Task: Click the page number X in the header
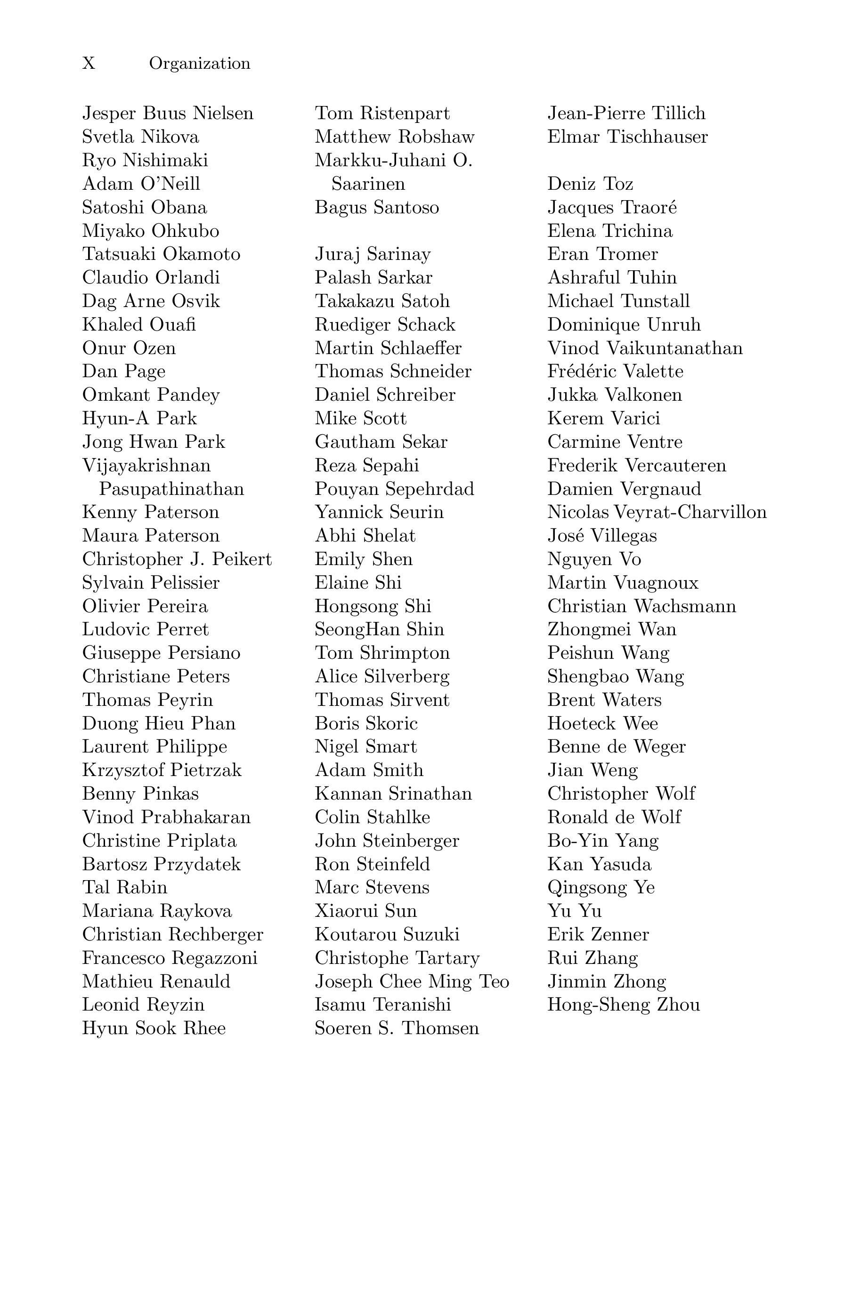point(89,64)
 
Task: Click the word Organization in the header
point(200,64)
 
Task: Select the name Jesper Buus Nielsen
point(168,113)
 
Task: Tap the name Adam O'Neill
point(141,184)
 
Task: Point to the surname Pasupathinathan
point(171,489)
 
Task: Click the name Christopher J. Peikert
point(177,559)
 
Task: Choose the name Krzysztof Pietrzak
point(162,770)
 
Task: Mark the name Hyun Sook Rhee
point(154,1028)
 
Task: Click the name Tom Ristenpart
point(382,113)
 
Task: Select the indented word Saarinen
point(368,184)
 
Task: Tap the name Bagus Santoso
point(377,207)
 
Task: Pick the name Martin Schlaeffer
point(388,348)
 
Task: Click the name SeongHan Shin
point(379,630)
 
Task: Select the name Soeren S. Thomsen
point(397,1028)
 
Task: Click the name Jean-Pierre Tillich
point(626,113)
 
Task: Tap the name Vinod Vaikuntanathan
point(645,348)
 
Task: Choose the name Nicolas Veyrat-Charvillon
point(657,512)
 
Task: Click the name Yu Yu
point(574,911)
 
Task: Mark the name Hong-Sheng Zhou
point(624,1004)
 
